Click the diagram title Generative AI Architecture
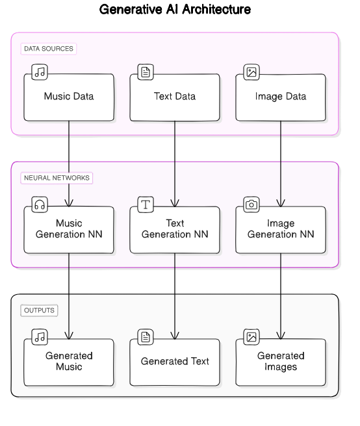point(175,10)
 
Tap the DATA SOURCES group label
point(49,49)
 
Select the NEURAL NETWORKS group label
point(57,178)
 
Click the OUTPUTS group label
point(39,310)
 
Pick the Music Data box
point(69,97)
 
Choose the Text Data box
point(175,97)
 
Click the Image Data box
point(281,97)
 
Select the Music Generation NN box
point(69,230)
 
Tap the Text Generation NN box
point(175,230)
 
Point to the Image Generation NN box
point(281,230)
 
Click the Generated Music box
point(69,362)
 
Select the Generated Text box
point(175,362)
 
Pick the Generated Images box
point(281,362)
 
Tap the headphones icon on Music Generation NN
point(40,205)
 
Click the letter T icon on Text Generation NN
point(146,205)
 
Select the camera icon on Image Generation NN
point(251,205)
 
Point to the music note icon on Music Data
point(40,72)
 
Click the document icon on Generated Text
point(146,337)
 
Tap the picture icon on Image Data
point(251,72)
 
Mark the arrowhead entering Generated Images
point(281,336)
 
